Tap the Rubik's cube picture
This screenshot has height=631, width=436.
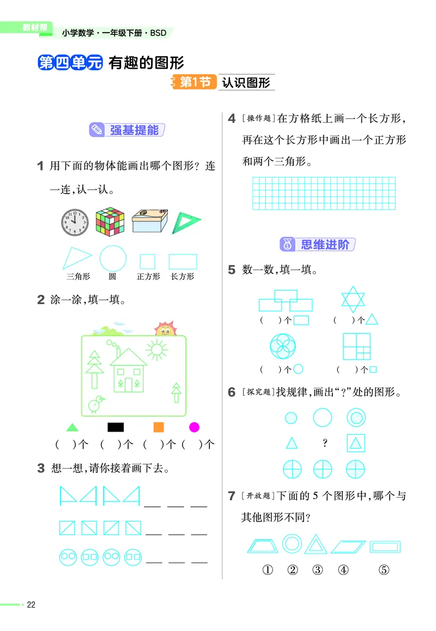(110, 222)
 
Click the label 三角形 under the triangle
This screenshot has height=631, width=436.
(78, 276)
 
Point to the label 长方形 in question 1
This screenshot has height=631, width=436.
(183, 276)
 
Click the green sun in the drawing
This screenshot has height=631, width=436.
(156, 349)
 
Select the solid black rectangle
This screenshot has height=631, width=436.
(116, 427)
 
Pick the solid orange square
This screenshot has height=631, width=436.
(159, 427)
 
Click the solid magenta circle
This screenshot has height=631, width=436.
(194, 427)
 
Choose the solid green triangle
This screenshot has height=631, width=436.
(72, 428)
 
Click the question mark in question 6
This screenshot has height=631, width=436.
(325, 443)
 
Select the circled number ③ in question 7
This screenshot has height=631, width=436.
(318, 570)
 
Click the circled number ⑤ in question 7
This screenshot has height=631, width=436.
(384, 570)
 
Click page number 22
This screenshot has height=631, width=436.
(31, 604)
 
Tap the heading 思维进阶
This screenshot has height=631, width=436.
(325, 245)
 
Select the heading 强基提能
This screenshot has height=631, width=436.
(134, 130)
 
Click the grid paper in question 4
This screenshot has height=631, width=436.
(324, 193)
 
